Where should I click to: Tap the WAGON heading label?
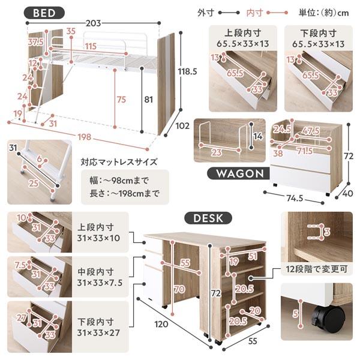pyautogui.click(x=235, y=173)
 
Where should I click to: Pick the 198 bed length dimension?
pyautogui.click(x=83, y=137)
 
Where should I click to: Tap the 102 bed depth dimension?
pyautogui.click(x=184, y=126)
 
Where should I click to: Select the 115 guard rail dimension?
pyautogui.click(x=91, y=46)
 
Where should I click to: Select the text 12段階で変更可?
pyautogui.click(x=314, y=269)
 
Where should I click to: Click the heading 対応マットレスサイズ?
pyautogui.click(x=119, y=162)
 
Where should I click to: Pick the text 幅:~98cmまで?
pyautogui.click(x=115, y=179)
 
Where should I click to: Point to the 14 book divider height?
pyautogui.click(x=258, y=137)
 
